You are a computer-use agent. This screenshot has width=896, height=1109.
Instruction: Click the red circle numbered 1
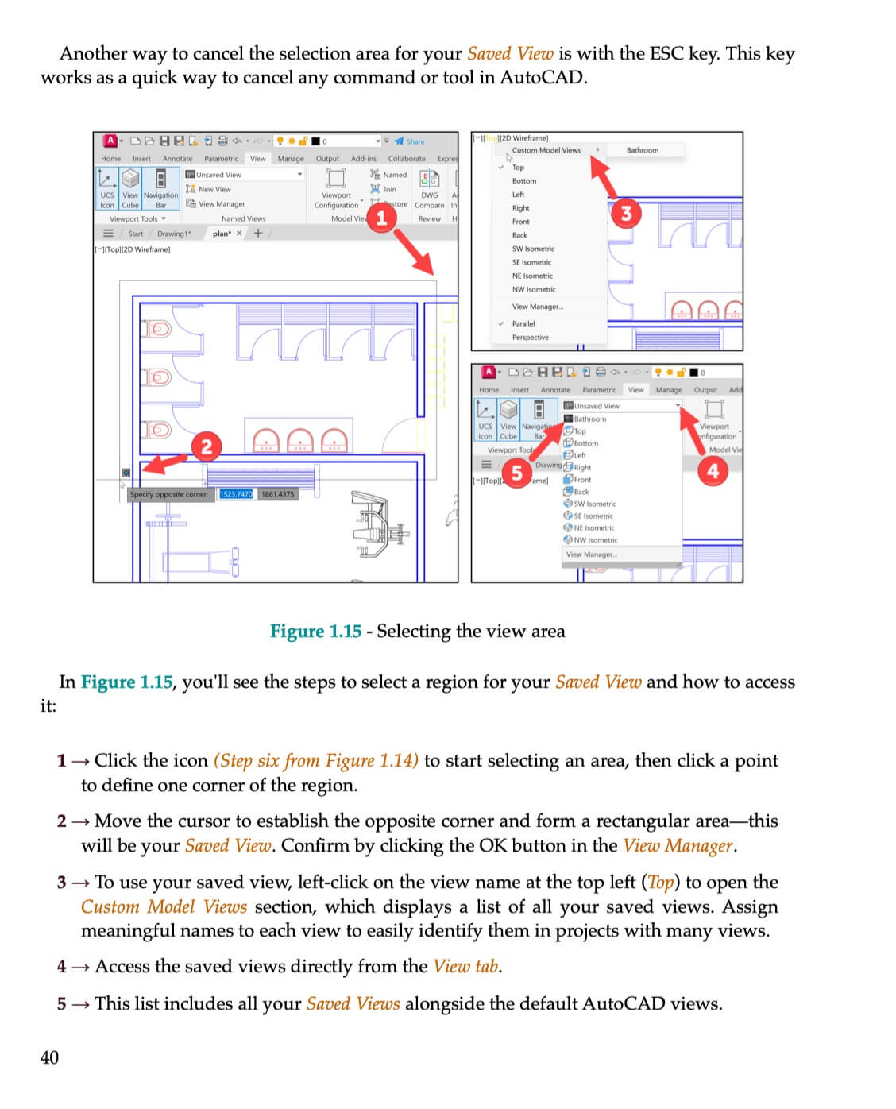[x=381, y=217]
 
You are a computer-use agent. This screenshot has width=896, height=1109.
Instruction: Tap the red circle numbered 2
[x=207, y=446]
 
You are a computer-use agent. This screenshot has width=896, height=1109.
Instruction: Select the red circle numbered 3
[x=627, y=213]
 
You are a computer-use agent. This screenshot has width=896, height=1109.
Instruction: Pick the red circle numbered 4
[x=713, y=470]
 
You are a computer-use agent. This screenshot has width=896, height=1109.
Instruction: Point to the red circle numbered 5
[x=516, y=473]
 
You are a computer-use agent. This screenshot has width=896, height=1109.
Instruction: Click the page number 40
[x=49, y=1057]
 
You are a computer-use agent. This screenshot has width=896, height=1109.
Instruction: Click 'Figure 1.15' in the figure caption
[x=315, y=632]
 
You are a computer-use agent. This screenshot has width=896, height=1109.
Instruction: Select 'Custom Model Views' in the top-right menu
[x=546, y=150]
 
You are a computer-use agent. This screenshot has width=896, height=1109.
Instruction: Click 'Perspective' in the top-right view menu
[x=530, y=338]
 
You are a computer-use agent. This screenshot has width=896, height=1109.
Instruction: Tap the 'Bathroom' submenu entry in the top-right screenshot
[x=642, y=150]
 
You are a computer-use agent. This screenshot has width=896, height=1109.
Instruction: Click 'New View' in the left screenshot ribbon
[x=214, y=189]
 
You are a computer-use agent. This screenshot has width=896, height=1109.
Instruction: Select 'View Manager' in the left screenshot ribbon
[x=221, y=204]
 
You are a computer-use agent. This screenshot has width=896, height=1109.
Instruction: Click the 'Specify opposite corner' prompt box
[x=169, y=494]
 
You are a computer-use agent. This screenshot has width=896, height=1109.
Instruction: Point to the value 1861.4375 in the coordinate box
[x=277, y=494]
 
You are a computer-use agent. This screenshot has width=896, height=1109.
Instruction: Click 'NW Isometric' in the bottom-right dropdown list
[x=595, y=540]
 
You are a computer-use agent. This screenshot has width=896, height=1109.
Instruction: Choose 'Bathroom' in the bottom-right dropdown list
[x=589, y=419]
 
